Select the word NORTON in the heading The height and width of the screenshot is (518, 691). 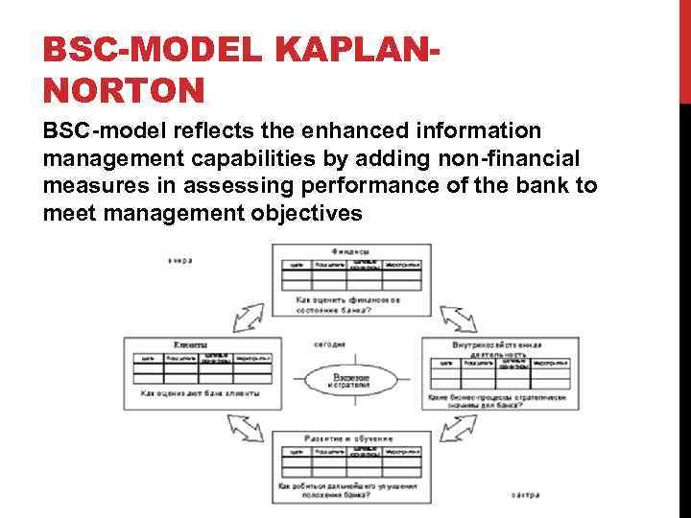click(x=124, y=90)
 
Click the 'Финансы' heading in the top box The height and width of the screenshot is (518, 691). click(x=350, y=251)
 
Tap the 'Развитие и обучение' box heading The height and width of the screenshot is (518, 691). click(x=348, y=438)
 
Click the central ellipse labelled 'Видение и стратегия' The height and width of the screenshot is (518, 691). click(x=351, y=380)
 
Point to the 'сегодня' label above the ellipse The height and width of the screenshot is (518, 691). click(x=330, y=344)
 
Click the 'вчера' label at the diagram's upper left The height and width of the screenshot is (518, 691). click(x=181, y=260)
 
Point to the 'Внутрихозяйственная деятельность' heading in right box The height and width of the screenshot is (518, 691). click(x=496, y=349)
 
